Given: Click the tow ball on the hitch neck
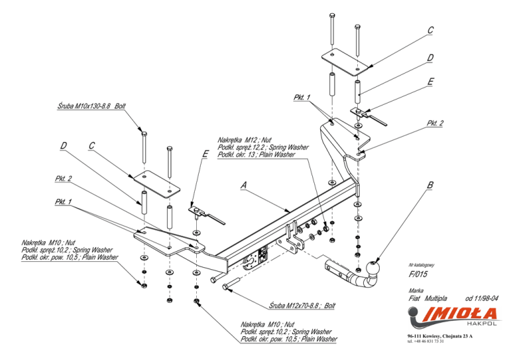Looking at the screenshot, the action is pyautogui.click(x=372, y=268).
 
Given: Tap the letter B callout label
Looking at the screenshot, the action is pyautogui.click(x=429, y=186).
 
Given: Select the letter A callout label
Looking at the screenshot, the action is pyautogui.click(x=243, y=185).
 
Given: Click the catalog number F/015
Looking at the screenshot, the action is pyautogui.click(x=418, y=274).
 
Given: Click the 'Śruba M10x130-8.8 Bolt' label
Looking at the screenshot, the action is pyautogui.click(x=91, y=106).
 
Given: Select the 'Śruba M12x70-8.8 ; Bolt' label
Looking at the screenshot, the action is pyautogui.click(x=302, y=306).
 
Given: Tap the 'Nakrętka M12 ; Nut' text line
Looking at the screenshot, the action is pyautogui.click(x=245, y=141).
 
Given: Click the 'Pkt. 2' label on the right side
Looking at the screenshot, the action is pyautogui.click(x=435, y=123).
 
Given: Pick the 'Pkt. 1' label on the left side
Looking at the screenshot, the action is pyautogui.click(x=63, y=202).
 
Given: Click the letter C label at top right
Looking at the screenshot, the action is pyautogui.click(x=430, y=30).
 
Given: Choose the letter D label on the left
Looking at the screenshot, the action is pyautogui.click(x=64, y=146).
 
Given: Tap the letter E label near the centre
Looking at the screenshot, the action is pyautogui.click(x=205, y=154).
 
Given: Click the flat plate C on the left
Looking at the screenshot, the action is pyautogui.click(x=156, y=184).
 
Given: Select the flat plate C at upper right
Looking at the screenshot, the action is pyautogui.click(x=345, y=62).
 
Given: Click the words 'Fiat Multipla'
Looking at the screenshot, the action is pyautogui.click(x=427, y=298).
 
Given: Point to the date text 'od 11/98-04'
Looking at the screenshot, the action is pyautogui.click(x=481, y=298).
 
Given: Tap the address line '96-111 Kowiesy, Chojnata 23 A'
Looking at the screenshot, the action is pyautogui.click(x=440, y=336).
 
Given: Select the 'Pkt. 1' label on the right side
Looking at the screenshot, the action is pyautogui.click(x=302, y=97).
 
